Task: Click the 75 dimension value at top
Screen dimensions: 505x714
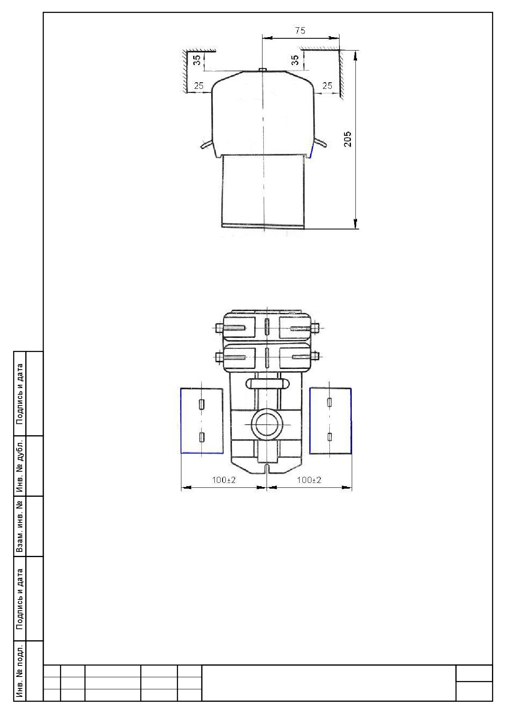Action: (300, 31)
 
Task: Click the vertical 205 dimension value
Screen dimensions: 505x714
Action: (348, 139)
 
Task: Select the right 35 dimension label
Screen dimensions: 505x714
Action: (296, 60)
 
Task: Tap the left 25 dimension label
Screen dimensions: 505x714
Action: (198, 86)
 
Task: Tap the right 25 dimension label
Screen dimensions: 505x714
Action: (327, 86)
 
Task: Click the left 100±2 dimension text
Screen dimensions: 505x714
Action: (224, 480)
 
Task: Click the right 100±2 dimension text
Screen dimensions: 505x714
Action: (309, 480)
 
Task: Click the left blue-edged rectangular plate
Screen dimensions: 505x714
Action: (202, 421)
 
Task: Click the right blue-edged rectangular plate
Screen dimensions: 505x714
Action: (330, 421)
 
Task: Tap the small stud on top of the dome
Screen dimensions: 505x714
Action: (263, 70)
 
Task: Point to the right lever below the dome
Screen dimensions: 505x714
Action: (320, 143)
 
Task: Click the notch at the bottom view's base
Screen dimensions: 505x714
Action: (266, 469)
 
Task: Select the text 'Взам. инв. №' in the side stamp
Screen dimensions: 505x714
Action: (19, 526)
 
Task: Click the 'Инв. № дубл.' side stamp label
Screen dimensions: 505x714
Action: (19, 465)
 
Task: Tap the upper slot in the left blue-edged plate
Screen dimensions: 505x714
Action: (201, 404)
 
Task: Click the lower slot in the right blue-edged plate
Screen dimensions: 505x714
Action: (330, 437)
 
